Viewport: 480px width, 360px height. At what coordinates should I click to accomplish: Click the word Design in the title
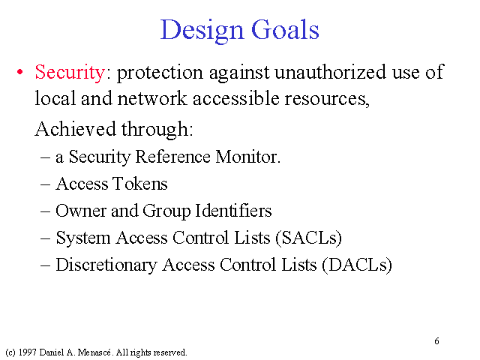pyautogui.click(x=202, y=31)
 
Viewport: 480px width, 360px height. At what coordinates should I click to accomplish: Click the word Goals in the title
pyautogui.click(x=285, y=29)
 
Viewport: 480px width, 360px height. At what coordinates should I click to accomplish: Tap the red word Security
pyautogui.click(x=70, y=73)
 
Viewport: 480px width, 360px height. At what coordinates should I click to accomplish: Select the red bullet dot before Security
pyautogui.click(x=20, y=73)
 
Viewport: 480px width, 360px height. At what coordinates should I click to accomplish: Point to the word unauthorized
pyautogui.click(x=330, y=72)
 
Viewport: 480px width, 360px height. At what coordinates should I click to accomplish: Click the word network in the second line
pyautogui.click(x=151, y=98)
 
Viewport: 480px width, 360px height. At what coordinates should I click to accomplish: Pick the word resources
pyautogui.click(x=327, y=99)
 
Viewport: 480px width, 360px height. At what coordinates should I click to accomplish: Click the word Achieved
pyautogui.click(x=75, y=128)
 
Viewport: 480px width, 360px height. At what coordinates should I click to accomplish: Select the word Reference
pyautogui.click(x=172, y=157)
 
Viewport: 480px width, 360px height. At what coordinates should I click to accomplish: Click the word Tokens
pyautogui.click(x=140, y=184)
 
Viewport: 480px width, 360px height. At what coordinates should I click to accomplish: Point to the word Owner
pyautogui.click(x=81, y=211)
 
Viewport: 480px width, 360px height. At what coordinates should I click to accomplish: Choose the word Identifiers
pyautogui.click(x=233, y=211)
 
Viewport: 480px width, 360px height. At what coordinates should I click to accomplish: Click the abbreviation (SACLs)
pyautogui.click(x=308, y=238)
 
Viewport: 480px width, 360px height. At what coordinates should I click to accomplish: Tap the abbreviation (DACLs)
pyautogui.click(x=357, y=265)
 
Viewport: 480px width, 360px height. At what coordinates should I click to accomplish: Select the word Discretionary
pyautogui.click(x=106, y=265)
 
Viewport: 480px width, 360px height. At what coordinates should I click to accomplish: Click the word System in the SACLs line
pyautogui.click(x=83, y=238)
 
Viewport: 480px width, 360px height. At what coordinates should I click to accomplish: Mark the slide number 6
pyautogui.click(x=436, y=341)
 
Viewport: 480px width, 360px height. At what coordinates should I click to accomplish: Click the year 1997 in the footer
pyautogui.click(x=27, y=352)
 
